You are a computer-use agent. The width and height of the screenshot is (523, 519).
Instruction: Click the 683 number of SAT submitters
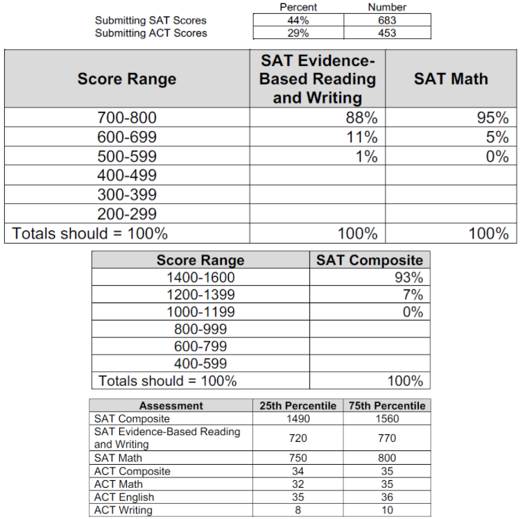tap(387, 20)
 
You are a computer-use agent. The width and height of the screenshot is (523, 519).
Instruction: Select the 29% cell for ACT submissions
tap(298, 33)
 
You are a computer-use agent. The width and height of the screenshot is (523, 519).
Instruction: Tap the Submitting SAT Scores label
tap(151, 20)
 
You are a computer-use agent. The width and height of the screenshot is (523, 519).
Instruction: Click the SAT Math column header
tap(451, 78)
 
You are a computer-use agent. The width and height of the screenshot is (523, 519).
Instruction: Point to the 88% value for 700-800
tap(361, 118)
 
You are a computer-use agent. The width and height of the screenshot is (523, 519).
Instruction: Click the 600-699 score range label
tap(127, 137)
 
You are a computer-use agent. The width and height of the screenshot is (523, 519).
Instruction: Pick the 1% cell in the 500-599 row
tap(366, 157)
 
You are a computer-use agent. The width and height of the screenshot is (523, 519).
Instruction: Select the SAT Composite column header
tap(370, 260)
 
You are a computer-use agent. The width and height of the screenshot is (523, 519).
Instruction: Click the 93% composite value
tap(409, 278)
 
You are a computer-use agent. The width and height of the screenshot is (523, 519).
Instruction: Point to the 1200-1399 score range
tap(200, 295)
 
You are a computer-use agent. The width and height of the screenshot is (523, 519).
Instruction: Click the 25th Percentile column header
tap(298, 405)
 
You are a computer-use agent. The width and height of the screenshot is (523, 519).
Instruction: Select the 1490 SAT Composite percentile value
tap(298, 418)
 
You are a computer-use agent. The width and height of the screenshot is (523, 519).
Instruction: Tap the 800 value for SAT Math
tap(387, 458)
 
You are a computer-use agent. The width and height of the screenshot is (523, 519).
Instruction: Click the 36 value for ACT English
tap(387, 497)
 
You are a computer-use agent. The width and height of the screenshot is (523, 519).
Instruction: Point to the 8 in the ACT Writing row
tap(298, 510)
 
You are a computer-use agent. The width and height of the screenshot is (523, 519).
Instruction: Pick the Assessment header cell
tap(171, 405)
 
